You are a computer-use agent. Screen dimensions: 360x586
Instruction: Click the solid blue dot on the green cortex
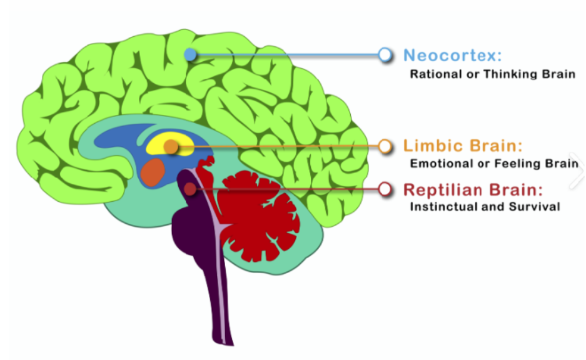[x=191, y=55]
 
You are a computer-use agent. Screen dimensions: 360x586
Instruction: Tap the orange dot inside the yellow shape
[x=171, y=147]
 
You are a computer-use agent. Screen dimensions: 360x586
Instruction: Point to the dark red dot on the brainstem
[x=189, y=188]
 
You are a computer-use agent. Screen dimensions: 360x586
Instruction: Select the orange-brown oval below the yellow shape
[x=152, y=172]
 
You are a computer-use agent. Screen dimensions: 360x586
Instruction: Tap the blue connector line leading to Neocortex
[x=288, y=55]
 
